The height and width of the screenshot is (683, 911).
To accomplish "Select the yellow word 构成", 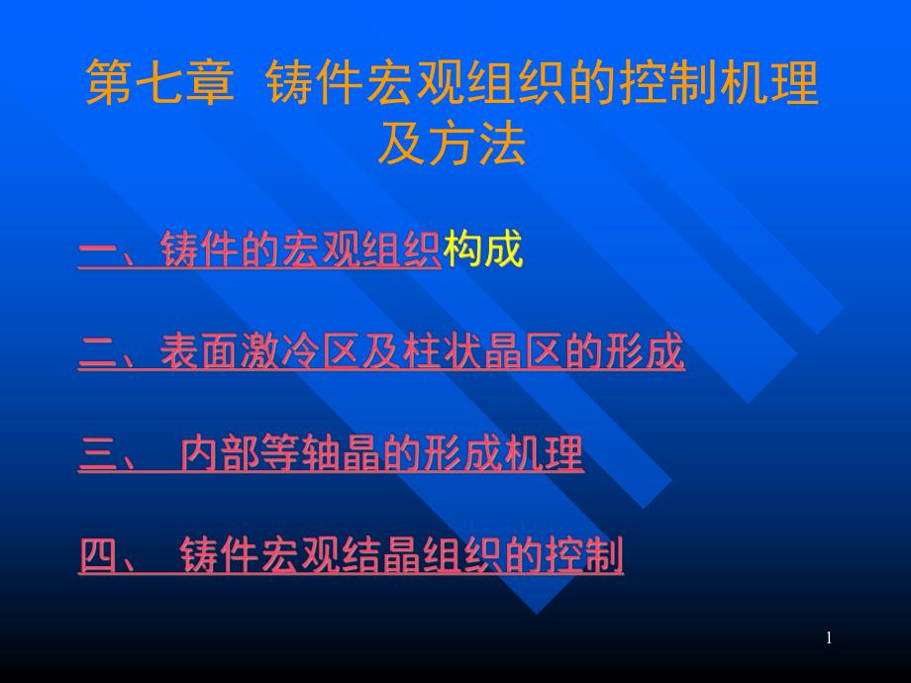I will pyautogui.click(x=483, y=250).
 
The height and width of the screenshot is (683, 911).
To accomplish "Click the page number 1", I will pyautogui.click(x=829, y=637).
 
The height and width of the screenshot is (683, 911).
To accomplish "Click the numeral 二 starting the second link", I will pyautogui.click(x=98, y=353).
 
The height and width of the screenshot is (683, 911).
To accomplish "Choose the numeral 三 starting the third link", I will pyautogui.click(x=98, y=455).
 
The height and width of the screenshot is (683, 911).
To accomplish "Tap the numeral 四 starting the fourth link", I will pyautogui.click(x=98, y=557).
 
